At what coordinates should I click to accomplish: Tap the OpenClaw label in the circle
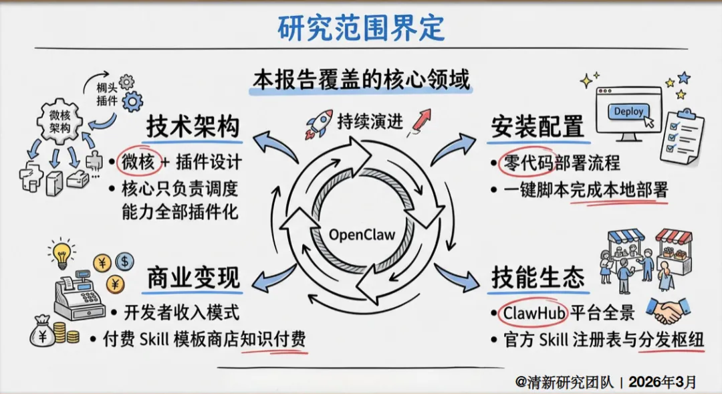click(x=362, y=235)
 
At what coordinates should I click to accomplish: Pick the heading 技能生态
click(x=537, y=277)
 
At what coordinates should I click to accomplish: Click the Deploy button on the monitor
click(x=628, y=112)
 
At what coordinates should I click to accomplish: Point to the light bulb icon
click(x=62, y=254)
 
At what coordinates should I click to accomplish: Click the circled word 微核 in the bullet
click(x=137, y=162)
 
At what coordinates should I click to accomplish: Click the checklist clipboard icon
click(x=681, y=134)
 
